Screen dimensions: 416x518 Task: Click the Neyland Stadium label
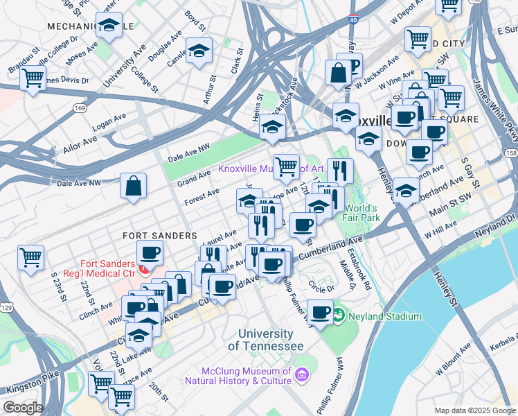coord(384,316)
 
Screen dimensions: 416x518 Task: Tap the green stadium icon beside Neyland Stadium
coord(339,316)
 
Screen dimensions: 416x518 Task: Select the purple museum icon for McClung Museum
coord(301,376)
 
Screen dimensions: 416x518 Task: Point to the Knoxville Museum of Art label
coord(271,168)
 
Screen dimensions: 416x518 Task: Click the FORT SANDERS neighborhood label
coord(161,236)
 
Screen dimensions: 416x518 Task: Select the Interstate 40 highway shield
coord(353,21)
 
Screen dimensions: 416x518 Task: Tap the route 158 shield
coord(511,153)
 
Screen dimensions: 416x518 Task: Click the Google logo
coord(22,408)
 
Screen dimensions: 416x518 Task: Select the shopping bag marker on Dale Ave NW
coord(133,186)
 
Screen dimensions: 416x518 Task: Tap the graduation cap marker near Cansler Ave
coord(199,51)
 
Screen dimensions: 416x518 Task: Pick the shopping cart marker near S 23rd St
coord(31,258)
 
